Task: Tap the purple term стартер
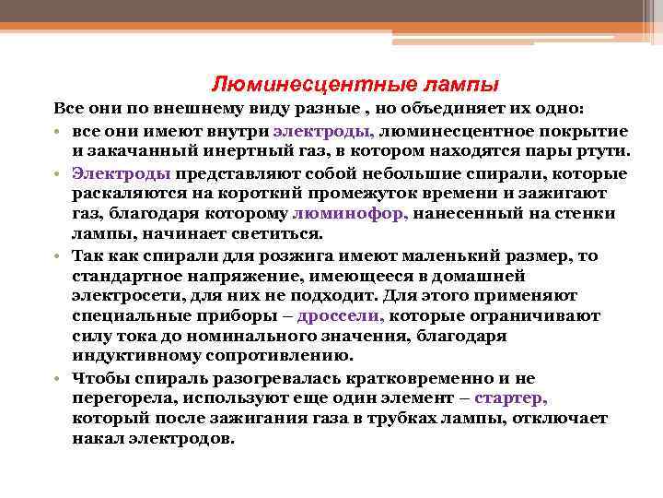(511, 397)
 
